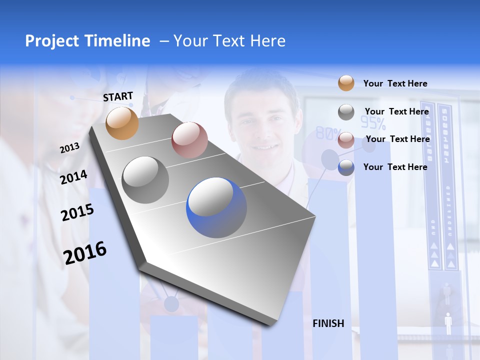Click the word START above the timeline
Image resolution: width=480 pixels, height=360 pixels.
click(118, 96)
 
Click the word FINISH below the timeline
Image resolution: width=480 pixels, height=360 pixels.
click(328, 323)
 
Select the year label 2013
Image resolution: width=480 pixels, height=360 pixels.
click(69, 147)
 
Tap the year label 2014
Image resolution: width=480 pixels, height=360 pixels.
click(73, 177)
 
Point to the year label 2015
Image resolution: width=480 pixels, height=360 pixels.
click(77, 212)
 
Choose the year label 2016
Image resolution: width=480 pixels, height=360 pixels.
click(85, 252)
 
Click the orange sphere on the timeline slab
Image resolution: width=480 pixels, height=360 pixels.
click(122, 123)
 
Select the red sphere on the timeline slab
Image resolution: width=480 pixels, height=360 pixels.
click(189, 140)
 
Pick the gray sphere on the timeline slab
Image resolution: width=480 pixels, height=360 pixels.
click(145, 179)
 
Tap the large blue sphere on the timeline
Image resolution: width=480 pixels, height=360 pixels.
click(216, 207)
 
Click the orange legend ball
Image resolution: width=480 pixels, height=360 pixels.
click(346, 83)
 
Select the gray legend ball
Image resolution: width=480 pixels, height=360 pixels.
click(346, 112)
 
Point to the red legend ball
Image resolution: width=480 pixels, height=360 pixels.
click(346, 140)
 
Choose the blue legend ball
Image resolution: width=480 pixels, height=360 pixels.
click(346, 167)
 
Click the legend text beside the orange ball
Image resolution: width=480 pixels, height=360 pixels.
click(395, 83)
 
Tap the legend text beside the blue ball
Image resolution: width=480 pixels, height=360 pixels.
click(395, 167)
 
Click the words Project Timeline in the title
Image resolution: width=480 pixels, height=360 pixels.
click(87, 41)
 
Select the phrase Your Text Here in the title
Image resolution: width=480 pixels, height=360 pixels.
click(229, 41)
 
